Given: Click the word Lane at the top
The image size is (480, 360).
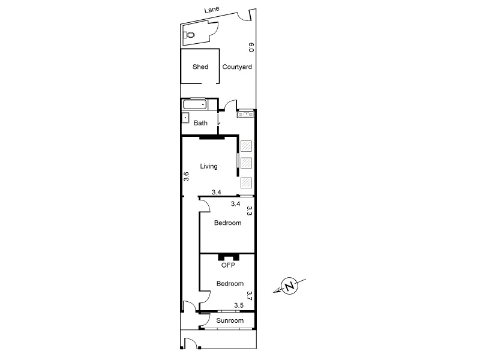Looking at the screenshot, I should coord(212,10).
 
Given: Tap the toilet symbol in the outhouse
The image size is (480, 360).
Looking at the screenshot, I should coord(191,35).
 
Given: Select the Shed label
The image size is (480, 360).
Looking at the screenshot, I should coord(200,67).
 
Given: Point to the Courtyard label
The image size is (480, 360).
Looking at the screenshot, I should coord(237,67).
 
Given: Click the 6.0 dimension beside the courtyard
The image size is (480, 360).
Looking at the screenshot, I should coord(251,47).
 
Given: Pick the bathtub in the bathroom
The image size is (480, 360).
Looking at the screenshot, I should coord(194,104).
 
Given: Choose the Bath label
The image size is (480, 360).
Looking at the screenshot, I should coord(200,123).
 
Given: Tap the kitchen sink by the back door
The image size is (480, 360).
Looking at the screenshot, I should coord(246,113).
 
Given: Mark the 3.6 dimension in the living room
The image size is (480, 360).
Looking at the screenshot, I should coord(186,176).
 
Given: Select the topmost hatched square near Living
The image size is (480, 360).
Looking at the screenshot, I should coord(246,145).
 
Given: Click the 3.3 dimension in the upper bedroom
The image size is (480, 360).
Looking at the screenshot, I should coord(250,211).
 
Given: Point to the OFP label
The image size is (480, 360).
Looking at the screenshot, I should coord(227,265).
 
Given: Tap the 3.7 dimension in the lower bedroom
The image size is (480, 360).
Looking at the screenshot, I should coord(250,295).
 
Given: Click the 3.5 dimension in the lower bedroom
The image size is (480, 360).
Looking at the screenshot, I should coord(238,305).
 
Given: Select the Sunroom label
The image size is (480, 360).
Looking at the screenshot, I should coord(231,321).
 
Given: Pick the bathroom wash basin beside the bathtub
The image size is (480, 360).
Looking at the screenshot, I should coord(185,118).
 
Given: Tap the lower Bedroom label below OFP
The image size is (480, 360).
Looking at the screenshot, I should coord(230,284).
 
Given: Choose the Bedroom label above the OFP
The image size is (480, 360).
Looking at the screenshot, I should coord(228,223).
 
